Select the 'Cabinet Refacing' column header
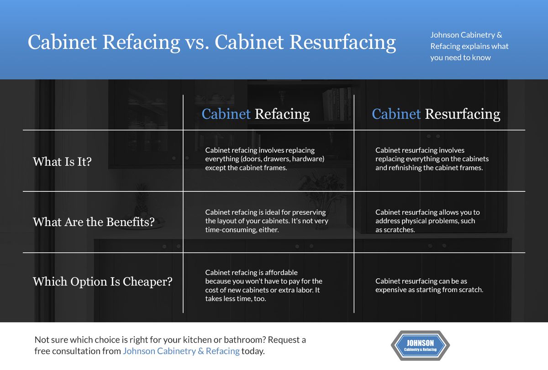[256, 114]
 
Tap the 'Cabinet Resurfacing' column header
[436, 114]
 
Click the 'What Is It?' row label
[62, 161]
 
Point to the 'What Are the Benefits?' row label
[94, 222]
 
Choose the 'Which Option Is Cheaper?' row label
[102, 281]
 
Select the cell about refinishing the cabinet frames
[432, 159]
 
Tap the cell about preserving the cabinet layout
[266, 221]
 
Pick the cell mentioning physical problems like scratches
[427, 221]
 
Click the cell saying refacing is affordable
[263, 285]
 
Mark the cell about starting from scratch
[429, 285]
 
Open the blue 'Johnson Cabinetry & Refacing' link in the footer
[181, 351]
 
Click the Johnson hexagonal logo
[420, 346]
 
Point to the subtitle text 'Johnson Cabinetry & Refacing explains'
[469, 46]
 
